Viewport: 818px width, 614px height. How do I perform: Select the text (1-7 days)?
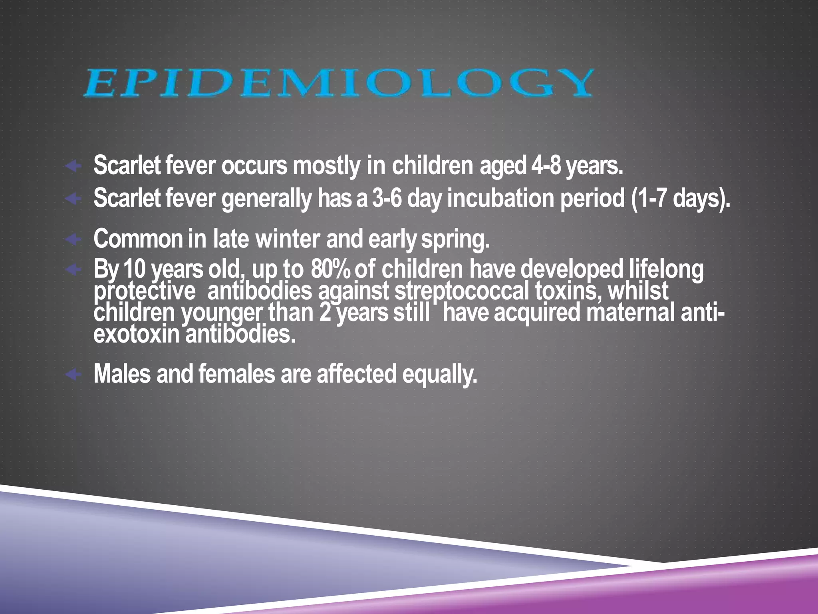[x=681, y=199]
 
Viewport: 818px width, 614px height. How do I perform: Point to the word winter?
[x=288, y=239]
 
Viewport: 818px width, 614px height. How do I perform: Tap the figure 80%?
[x=330, y=269]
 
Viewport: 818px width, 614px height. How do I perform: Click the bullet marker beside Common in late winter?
[x=73, y=239]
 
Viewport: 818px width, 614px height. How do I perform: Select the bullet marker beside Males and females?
[x=73, y=375]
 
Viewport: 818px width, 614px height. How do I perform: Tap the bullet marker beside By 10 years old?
[x=73, y=269]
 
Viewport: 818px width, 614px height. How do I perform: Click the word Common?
[x=138, y=239]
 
